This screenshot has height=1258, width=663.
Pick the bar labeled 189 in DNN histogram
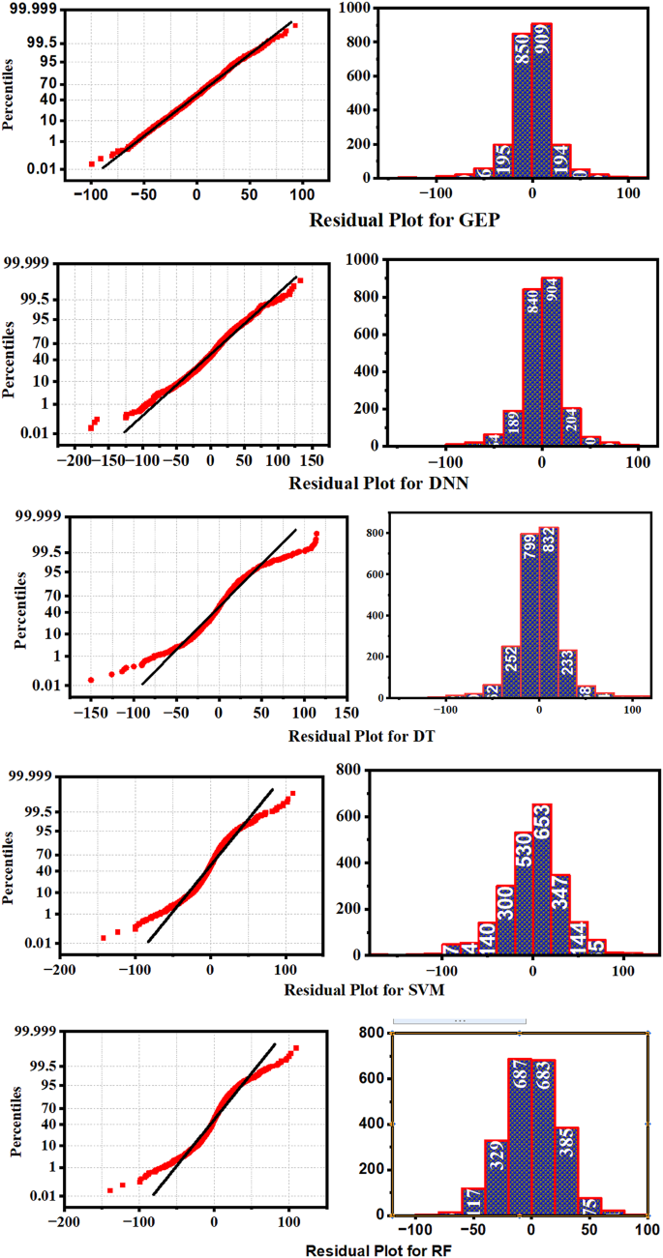[x=513, y=427]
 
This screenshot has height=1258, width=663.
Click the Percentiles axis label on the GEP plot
[x=10, y=93]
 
